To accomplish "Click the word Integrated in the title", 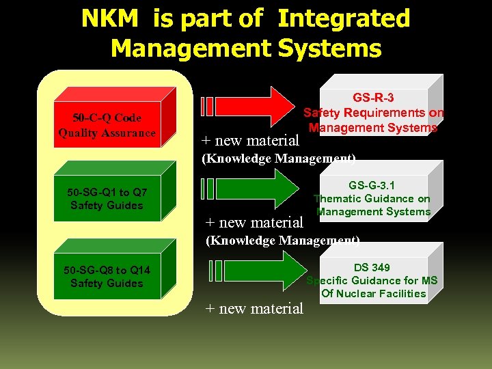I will pos(344,18).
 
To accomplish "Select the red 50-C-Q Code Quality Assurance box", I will pos(107,126).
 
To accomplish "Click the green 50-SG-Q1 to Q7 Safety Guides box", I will pos(107,198).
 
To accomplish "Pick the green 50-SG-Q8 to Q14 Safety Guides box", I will pos(107,276).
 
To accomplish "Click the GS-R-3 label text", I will pos(373,97).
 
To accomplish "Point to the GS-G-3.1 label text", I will pos(372,185).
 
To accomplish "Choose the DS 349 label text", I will pos(372,267).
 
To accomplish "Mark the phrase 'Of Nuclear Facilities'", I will pos(373,294).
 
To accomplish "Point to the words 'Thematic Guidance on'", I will pos(372,199).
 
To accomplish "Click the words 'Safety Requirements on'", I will pos(373,113).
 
